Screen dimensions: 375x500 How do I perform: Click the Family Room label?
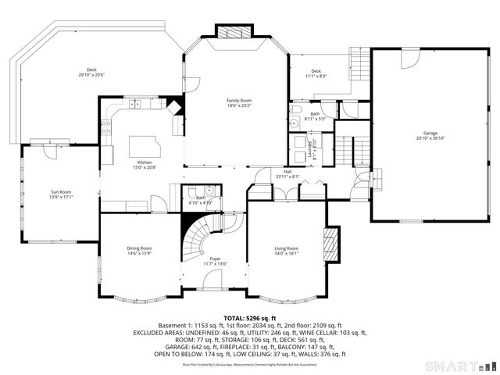pos(239,101)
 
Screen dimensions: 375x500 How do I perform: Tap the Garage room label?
pos(430,134)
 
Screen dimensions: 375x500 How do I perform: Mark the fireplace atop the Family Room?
pos(234,32)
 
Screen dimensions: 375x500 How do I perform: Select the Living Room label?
pos(287,248)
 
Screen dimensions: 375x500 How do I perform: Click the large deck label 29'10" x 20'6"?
pos(91,75)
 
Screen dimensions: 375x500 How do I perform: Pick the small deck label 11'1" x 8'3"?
pos(316,76)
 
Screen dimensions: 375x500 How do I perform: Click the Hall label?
pos(287,171)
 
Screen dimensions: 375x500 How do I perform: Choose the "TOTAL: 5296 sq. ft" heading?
pos(250,318)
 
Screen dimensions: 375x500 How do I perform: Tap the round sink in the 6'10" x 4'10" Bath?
pos(210,190)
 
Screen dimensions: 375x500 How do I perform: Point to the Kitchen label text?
pos(145,162)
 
